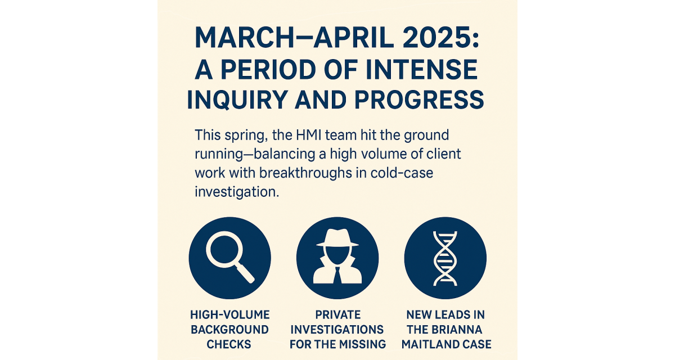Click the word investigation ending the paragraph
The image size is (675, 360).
[x=236, y=192]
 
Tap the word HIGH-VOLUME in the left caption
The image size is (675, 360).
[x=229, y=315]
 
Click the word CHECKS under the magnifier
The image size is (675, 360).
[x=229, y=344]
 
